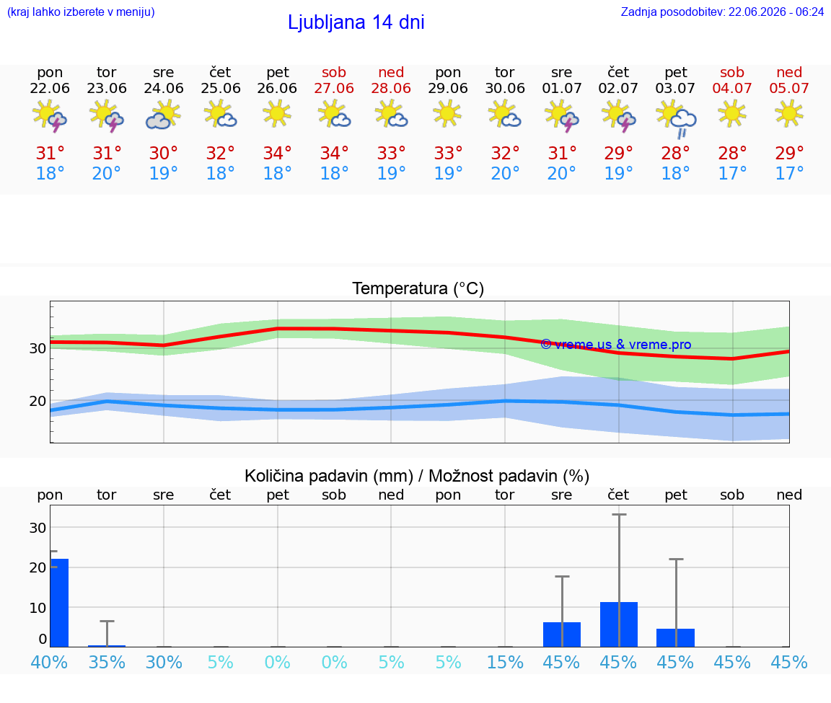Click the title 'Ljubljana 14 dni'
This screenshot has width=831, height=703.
point(356,22)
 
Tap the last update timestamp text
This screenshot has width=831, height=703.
point(722,12)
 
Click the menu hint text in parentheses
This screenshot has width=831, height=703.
point(81,12)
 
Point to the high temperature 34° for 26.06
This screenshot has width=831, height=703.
point(278,153)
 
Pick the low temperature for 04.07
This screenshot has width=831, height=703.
point(732,173)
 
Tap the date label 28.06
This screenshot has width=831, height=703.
point(391,88)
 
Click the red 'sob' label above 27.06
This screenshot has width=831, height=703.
point(334,72)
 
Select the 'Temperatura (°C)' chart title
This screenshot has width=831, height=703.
point(418,288)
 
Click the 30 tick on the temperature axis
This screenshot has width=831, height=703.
point(38,348)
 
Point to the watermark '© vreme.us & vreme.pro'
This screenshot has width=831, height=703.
point(616,345)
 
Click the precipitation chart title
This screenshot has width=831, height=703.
point(417,476)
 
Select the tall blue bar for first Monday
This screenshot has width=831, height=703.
point(59,603)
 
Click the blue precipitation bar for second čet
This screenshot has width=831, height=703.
point(618,624)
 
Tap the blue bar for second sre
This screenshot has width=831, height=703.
point(562,635)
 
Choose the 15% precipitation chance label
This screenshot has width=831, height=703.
point(505,662)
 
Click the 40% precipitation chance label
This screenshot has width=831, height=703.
point(49,662)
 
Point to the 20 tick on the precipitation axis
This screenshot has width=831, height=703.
point(38,567)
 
